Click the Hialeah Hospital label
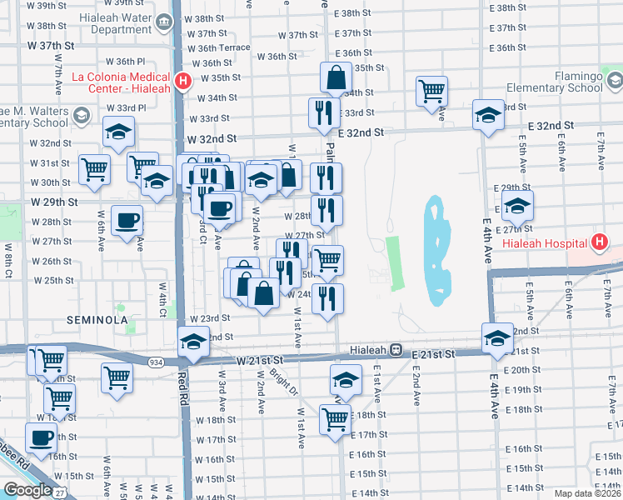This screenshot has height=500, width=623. pyautogui.click(x=545, y=244)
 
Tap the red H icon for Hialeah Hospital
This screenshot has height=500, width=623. pyautogui.click(x=598, y=243)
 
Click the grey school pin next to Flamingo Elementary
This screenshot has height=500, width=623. pyautogui.click(x=616, y=82)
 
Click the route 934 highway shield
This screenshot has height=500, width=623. pyautogui.click(x=156, y=362)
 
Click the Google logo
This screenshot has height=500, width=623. pyautogui.click(x=27, y=490)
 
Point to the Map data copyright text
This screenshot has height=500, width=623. pyautogui.click(x=587, y=493)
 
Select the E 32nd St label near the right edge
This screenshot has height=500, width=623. pyautogui.click(x=551, y=125)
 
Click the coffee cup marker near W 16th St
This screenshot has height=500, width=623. pyautogui.click(x=40, y=438)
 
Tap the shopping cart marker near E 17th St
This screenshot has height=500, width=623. pyautogui.click(x=336, y=421)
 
